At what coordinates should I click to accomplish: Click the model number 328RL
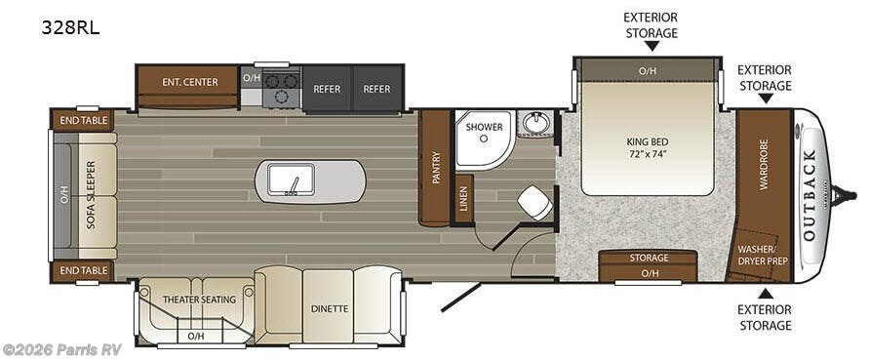tap(70, 28)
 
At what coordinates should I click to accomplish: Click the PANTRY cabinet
tap(435, 168)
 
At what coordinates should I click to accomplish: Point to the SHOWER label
tap(483, 127)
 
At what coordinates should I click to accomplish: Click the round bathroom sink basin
tap(534, 124)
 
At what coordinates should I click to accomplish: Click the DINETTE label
tap(330, 308)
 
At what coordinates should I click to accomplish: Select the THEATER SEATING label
tap(199, 300)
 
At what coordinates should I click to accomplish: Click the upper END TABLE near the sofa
tap(83, 120)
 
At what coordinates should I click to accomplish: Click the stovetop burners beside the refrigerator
tap(281, 89)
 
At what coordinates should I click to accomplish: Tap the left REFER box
tap(327, 89)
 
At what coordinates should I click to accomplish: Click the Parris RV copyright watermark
tap(61, 349)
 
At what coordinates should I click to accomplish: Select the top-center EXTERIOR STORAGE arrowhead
tap(652, 45)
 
